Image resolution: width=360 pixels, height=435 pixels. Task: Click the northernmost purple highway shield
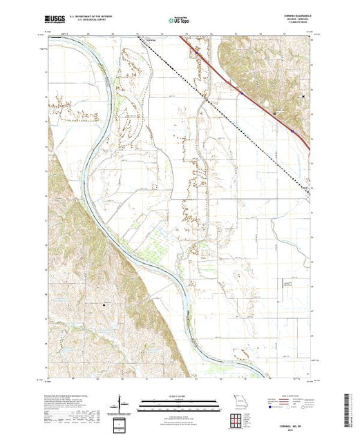pos(196,50)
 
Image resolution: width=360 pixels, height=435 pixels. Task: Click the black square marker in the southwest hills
pos(106,304)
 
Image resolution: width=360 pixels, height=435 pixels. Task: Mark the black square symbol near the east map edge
pos(306,96)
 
